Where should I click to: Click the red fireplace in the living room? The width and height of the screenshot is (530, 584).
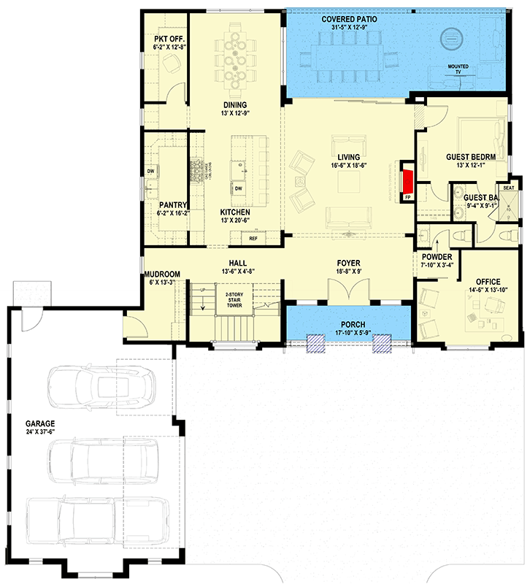click(407, 180)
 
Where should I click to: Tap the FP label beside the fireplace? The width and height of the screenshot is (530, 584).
click(408, 197)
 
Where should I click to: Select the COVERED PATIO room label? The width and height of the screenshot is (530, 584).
click(349, 18)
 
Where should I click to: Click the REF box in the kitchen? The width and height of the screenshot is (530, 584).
click(253, 238)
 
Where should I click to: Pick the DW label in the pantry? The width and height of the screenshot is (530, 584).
click(150, 172)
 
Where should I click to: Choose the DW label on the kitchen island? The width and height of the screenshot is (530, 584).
click(238, 188)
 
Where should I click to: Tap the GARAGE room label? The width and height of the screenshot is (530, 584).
click(40, 423)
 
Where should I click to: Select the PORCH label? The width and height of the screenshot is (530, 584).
click(346, 324)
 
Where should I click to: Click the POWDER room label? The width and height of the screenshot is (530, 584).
click(437, 257)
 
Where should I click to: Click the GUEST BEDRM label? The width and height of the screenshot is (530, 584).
click(471, 157)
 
